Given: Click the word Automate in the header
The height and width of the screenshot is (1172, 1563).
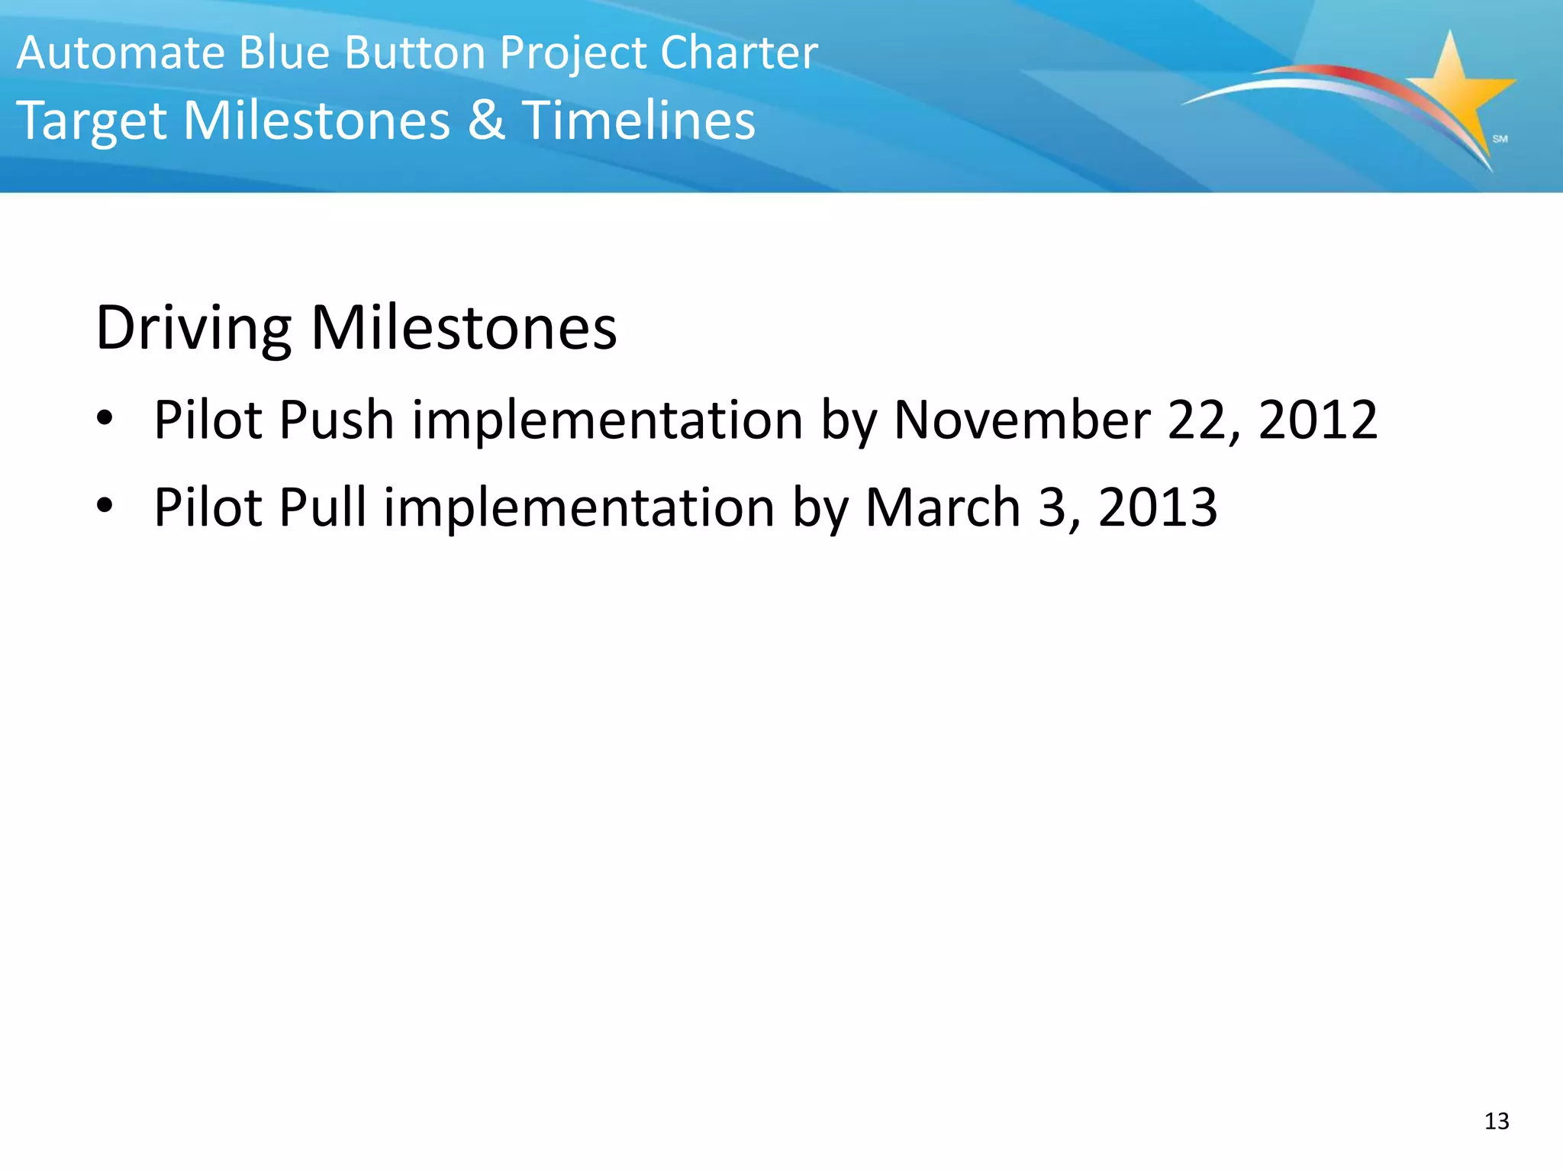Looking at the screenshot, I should (121, 53).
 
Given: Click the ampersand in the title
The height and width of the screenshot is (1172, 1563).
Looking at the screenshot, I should (486, 121).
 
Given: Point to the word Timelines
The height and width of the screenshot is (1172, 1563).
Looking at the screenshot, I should (638, 121).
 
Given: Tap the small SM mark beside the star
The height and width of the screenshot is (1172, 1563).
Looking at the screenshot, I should (1500, 139).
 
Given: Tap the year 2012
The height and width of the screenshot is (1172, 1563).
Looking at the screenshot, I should (1318, 420).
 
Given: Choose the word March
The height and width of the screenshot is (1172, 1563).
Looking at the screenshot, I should (943, 507).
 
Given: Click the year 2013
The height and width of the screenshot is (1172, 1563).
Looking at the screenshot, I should (1158, 507).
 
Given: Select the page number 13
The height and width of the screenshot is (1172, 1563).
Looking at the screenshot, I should (1497, 1121).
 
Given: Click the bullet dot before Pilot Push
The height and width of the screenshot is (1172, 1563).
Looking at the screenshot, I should (105, 418).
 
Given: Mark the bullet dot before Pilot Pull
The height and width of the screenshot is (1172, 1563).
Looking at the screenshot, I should (105, 505).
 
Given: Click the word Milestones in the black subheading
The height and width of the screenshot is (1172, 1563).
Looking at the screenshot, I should (464, 329).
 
